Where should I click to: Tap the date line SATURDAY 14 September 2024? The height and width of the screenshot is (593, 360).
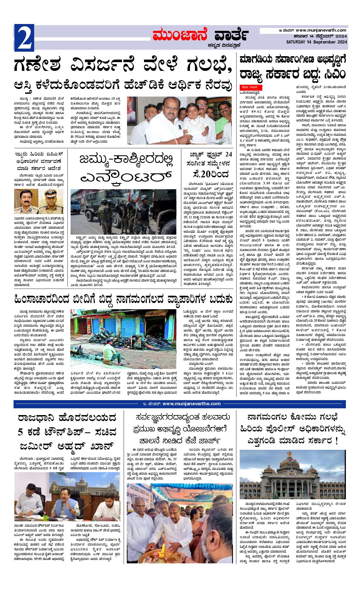click(x=316, y=42)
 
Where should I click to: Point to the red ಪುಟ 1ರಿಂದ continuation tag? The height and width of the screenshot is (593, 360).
click(x=251, y=86)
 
